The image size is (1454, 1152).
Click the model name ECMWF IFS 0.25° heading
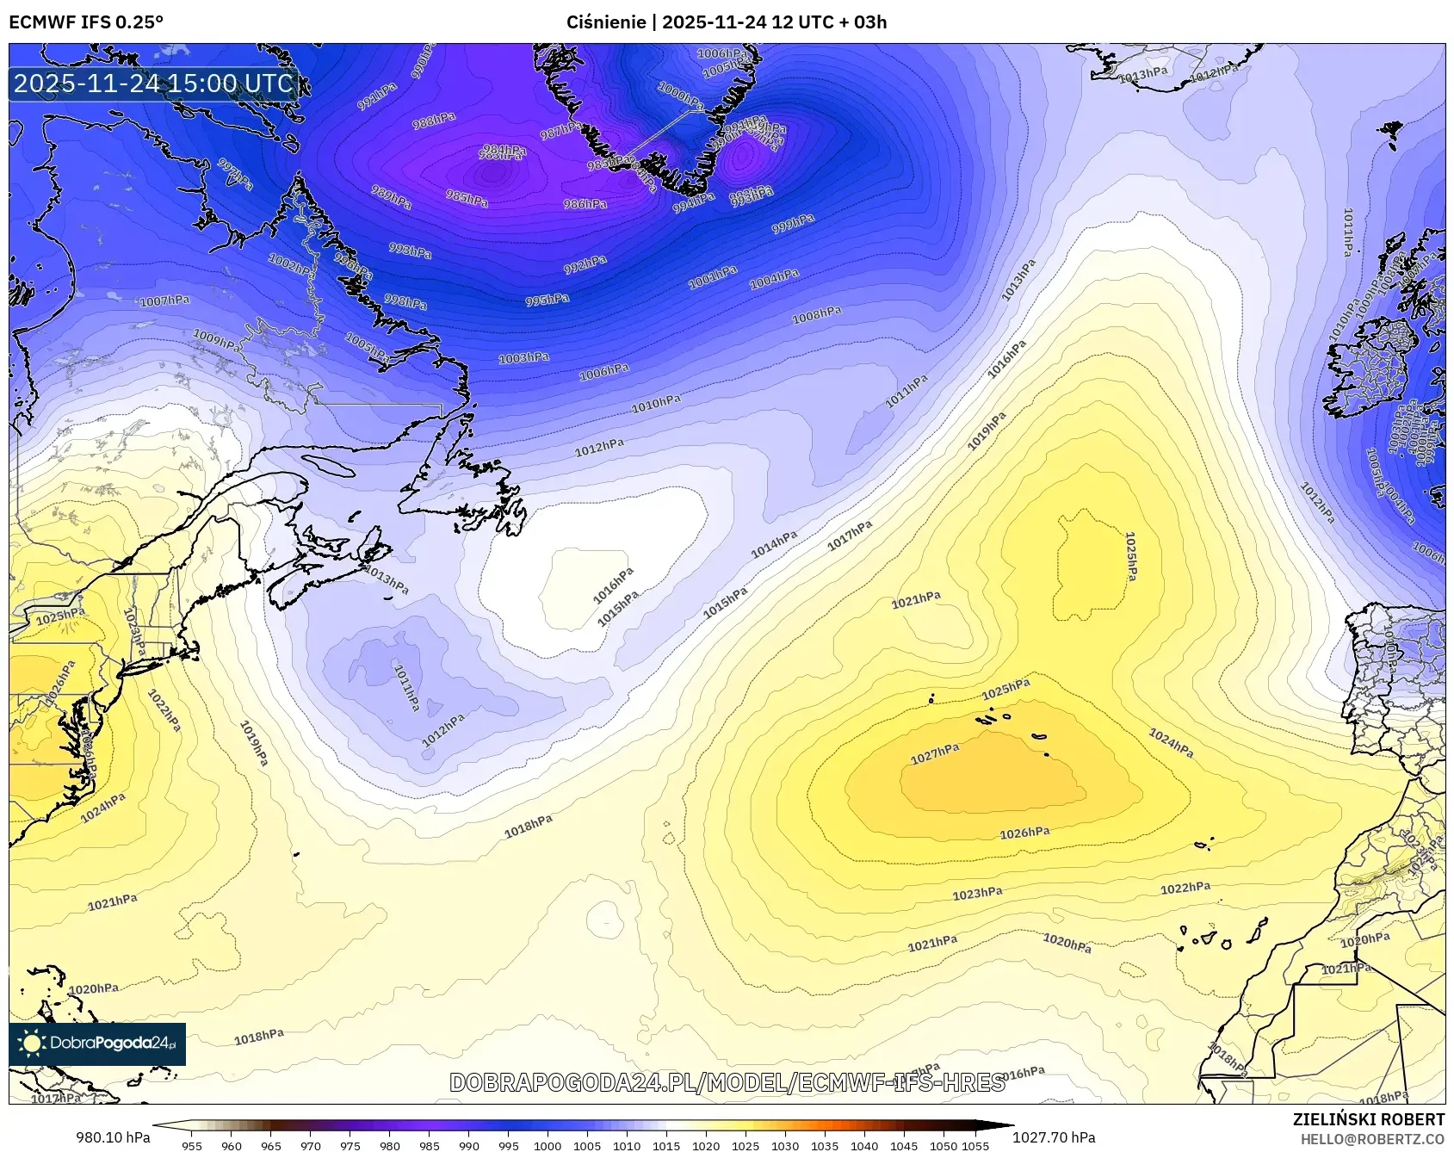point(86,22)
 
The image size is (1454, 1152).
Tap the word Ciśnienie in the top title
point(606,22)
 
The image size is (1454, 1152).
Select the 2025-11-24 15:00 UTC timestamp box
point(154,84)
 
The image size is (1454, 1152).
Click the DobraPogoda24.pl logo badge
point(97,1044)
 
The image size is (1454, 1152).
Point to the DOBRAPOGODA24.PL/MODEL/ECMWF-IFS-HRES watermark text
point(727,1082)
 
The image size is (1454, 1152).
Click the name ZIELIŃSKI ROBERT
point(1369,1119)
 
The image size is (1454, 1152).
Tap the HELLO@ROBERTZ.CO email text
point(1372,1139)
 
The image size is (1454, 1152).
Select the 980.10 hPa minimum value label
point(113,1137)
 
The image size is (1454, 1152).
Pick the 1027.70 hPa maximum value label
point(1054,1137)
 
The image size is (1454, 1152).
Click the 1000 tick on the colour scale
point(548,1146)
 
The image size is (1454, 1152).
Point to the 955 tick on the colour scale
point(192,1146)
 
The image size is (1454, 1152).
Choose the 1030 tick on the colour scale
point(785,1146)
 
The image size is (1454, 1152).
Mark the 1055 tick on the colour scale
point(976,1146)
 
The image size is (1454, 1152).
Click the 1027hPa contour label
point(935,754)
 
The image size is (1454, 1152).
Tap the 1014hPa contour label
point(774,544)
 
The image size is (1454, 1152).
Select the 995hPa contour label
point(548,300)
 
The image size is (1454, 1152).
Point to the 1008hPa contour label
point(816,316)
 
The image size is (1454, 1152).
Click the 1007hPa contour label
point(165,301)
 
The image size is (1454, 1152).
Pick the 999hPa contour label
point(793,224)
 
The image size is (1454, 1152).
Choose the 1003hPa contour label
point(523,357)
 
